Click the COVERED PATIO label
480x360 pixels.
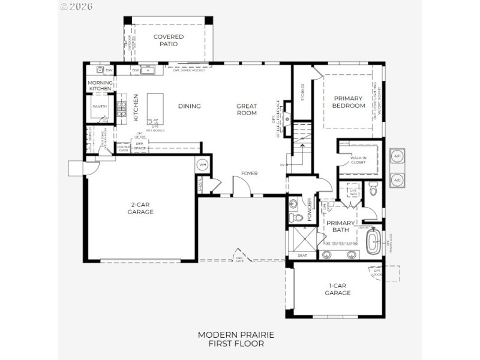[168, 40]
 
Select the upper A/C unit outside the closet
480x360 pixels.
[397, 156]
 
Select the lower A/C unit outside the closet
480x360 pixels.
[397, 179]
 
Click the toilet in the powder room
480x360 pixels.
[295, 217]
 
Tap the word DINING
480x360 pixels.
[189, 106]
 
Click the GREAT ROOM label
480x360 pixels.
[247, 109]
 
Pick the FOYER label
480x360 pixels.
[250, 173]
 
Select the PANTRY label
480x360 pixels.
[99, 107]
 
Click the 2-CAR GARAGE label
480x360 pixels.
[142, 208]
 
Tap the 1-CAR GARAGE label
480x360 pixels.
[338, 289]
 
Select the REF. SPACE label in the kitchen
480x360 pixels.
[140, 146]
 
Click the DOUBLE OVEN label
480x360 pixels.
[124, 148]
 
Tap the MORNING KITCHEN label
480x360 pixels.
[100, 85]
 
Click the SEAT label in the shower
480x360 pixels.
[302, 256]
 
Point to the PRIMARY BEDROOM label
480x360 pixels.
[349, 102]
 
